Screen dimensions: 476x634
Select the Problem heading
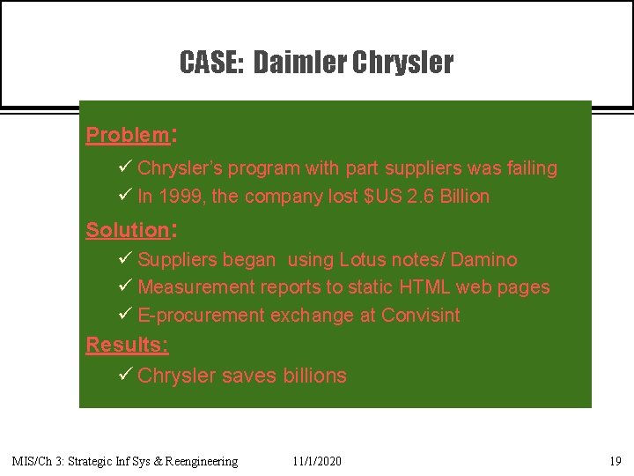[x=127, y=135]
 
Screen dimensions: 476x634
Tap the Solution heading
[x=127, y=230]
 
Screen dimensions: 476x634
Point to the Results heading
[x=127, y=345]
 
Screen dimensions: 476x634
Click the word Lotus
[x=364, y=260]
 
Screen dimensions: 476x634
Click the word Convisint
[x=420, y=316]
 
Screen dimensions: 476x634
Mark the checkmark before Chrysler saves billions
[x=125, y=375]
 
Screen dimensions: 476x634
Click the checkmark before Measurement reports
[x=125, y=286]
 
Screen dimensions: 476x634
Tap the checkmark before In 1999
[x=125, y=196]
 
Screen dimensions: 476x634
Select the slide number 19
[x=615, y=461]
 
